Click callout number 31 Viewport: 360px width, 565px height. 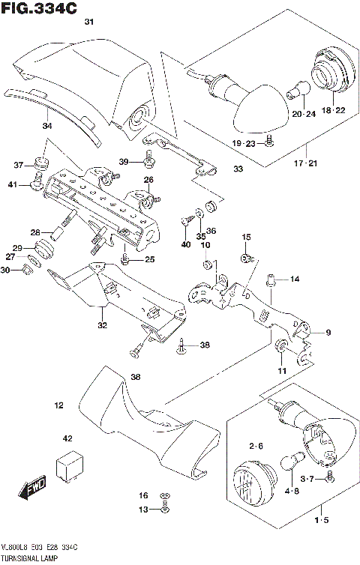pyautogui.click(x=89, y=23)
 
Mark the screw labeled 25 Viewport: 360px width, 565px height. pyautogui.click(x=124, y=259)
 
